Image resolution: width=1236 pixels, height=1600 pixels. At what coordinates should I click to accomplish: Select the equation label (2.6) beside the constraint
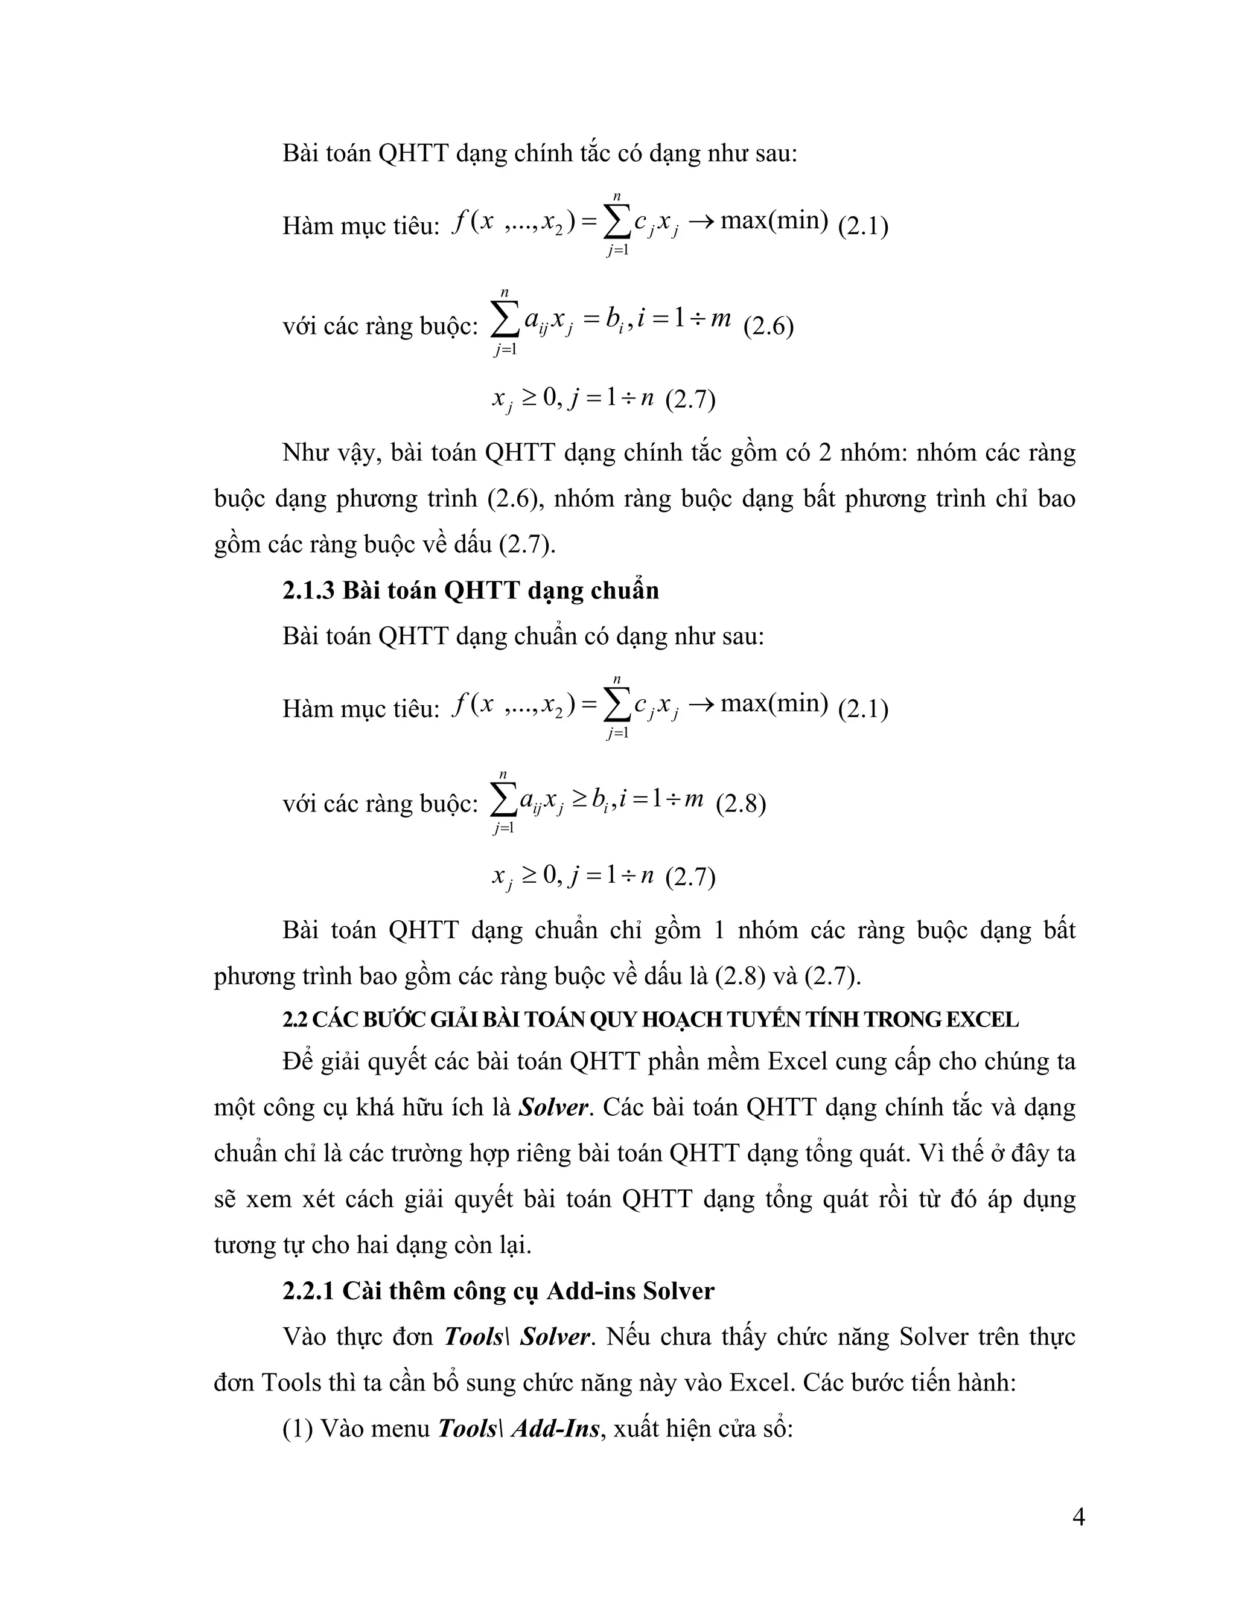(x=768, y=326)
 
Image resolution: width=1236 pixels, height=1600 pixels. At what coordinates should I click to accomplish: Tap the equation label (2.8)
(x=741, y=804)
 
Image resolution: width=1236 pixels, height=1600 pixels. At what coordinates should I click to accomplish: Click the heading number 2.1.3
(x=308, y=590)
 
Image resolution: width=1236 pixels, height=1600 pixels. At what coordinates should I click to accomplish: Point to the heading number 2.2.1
(x=308, y=1290)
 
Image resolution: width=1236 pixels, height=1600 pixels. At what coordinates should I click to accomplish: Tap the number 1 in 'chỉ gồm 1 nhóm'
(x=718, y=930)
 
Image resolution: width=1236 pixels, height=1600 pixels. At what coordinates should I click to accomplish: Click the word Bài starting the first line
(x=302, y=153)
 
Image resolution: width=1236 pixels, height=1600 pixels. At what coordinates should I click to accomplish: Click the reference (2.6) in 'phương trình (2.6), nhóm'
(x=514, y=498)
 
